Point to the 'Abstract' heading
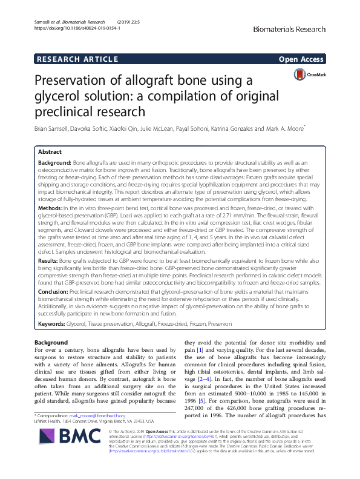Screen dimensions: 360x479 50,153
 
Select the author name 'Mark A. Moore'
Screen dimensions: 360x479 285,129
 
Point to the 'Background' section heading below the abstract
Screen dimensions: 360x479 51,343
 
